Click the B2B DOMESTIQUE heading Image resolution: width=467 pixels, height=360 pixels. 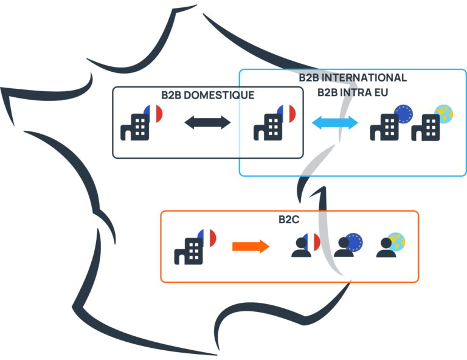207,95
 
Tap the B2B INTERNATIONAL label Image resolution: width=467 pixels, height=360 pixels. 353,78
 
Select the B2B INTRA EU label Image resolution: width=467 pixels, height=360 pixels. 353,92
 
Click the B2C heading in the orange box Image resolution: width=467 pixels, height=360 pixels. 289,220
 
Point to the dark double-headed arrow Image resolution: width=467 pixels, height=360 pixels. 207,123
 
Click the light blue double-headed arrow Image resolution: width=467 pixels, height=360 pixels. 335,123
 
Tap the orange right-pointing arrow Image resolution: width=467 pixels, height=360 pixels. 251,246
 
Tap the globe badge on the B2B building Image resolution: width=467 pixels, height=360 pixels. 443,114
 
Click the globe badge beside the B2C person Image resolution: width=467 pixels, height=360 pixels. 396,241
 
